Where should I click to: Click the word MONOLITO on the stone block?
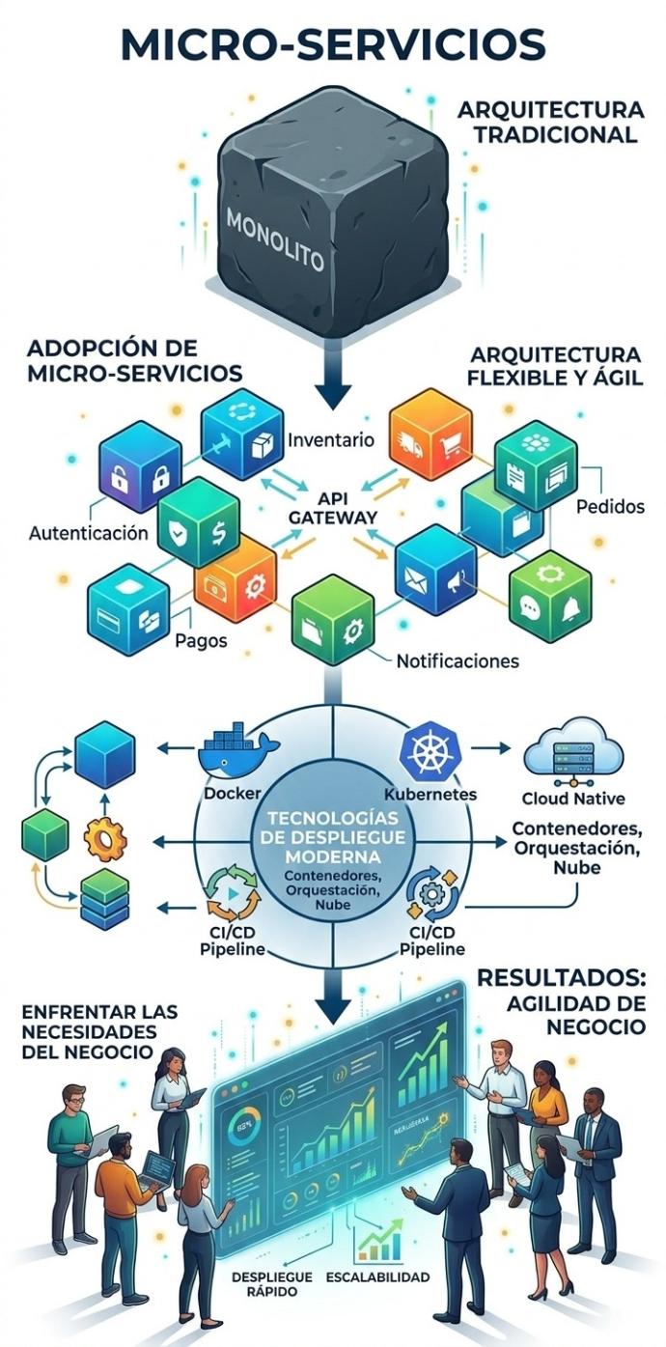[x=275, y=242]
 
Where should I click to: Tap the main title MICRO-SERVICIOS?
[x=333, y=43]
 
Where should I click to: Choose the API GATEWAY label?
[x=333, y=509]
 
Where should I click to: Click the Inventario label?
[x=331, y=441]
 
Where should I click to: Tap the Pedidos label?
[x=610, y=506]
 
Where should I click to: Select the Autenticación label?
[x=89, y=532]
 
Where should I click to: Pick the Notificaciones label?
[x=458, y=661]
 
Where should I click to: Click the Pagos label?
[x=202, y=639]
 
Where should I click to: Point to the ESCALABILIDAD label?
[x=377, y=1277]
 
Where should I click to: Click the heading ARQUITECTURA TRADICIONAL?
[x=550, y=122]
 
